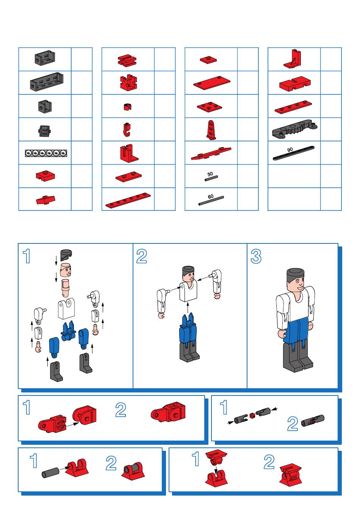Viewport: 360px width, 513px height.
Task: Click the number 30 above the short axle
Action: [x=210, y=174]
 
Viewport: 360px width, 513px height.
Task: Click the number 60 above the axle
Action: [x=211, y=196]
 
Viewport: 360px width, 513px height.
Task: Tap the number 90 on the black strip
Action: [x=290, y=149]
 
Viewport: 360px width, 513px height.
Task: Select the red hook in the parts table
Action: [x=127, y=130]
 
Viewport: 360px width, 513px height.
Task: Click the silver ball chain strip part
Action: [x=46, y=153]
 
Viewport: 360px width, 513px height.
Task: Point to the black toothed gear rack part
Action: [x=294, y=129]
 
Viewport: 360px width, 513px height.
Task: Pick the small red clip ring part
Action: [x=127, y=107]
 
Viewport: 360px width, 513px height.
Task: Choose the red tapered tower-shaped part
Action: [x=211, y=130]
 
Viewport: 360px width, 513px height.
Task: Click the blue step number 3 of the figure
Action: [x=256, y=256]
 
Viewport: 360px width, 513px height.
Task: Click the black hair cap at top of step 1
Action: [x=66, y=255]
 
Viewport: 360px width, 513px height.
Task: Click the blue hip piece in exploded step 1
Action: [x=68, y=331]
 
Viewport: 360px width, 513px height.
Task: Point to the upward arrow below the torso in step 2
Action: [x=188, y=307]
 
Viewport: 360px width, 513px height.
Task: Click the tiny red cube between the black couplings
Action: [x=252, y=416]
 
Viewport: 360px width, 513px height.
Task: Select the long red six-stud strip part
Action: [x=128, y=201]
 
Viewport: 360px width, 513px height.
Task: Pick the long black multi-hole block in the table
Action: [x=47, y=82]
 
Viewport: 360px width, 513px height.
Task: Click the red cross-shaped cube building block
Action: [x=128, y=82]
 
